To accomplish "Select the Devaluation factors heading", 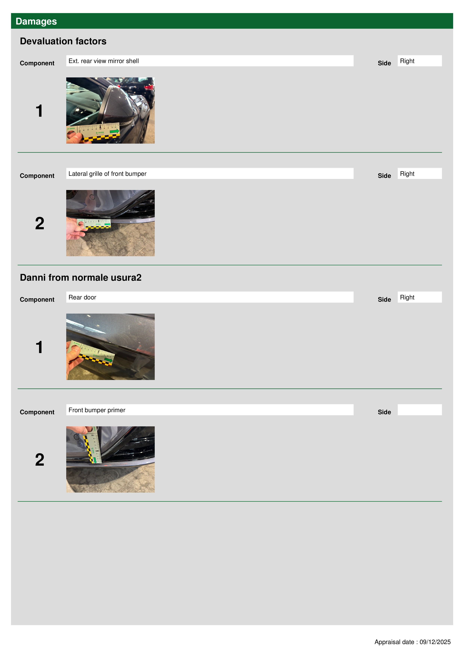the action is pyautogui.click(x=63, y=41).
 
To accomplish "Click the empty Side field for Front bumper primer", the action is pyautogui.click(x=419, y=410).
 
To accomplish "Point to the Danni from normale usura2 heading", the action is pyautogui.click(x=81, y=278).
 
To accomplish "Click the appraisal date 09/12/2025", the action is pyautogui.click(x=435, y=642).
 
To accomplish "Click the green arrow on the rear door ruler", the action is pyautogui.click(x=108, y=360).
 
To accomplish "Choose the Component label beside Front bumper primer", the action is pyautogui.click(x=37, y=412).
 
